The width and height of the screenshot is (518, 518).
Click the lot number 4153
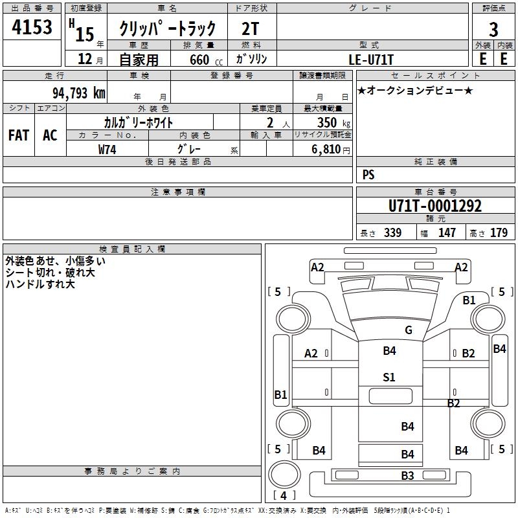pyautogui.click(x=33, y=28)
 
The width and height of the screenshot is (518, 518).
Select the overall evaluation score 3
pyautogui.click(x=493, y=29)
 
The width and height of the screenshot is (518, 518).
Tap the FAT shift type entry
pyautogui.click(x=19, y=135)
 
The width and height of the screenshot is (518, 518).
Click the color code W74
pyautogui.click(x=107, y=149)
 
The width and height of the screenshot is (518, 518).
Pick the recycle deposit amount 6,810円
pyautogui.click(x=330, y=150)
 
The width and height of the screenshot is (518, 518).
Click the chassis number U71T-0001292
pyautogui.click(x=435, y=207)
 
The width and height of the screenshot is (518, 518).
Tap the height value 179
pyautogui.click(x=499, y=233)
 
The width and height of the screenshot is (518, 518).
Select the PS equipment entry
pyautogui.click(x=368, y=175)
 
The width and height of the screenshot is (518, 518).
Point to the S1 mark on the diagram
pyautogui.click(x=389, y=377)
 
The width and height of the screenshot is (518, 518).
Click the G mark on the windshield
pyautogui.click(x=409, y=330)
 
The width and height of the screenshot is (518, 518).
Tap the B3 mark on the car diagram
pyautogui.click(x=407, y=476)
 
